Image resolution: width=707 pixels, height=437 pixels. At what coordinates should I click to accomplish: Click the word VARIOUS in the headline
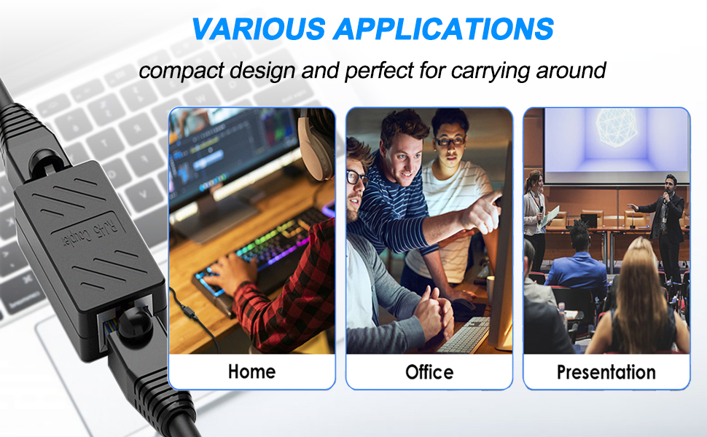click(x=259, y=29)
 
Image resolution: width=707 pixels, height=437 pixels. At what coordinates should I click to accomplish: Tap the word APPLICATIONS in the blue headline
click(x=444, y=29)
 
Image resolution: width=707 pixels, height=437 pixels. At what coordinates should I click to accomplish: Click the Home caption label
click(x=251, y=371)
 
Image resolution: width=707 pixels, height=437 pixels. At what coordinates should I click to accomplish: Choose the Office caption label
click(x=429, y=372)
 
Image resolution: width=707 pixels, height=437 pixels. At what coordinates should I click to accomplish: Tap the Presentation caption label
click(x=606, y=372)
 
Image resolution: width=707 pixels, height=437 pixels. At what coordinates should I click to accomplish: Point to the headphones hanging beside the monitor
click(x=316, y=144)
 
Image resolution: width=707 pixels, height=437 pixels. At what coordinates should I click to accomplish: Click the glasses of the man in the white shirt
click(x=450, y=141)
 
